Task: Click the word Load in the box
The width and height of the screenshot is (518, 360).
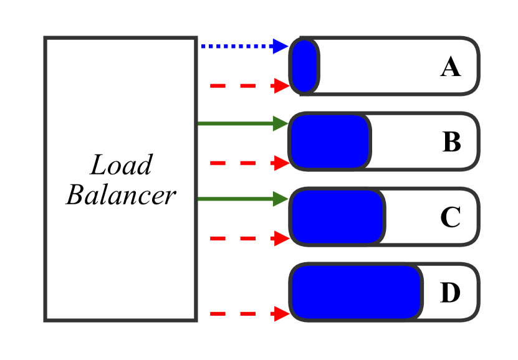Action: tap(121, 166)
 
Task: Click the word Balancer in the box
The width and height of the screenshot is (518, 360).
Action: tap(121, 196)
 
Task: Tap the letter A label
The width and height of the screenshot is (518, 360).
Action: tap(450, 67)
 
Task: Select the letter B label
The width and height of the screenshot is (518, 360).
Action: tap(451, 143)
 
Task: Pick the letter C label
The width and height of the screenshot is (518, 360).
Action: tap(450, 218)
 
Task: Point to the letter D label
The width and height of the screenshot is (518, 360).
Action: tap(450, 293)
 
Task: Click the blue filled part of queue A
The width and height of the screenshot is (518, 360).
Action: tap(305, 66)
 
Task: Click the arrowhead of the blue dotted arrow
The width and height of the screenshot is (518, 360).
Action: tap(281, 46)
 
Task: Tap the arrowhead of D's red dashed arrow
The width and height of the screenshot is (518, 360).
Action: tap(282, 315)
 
